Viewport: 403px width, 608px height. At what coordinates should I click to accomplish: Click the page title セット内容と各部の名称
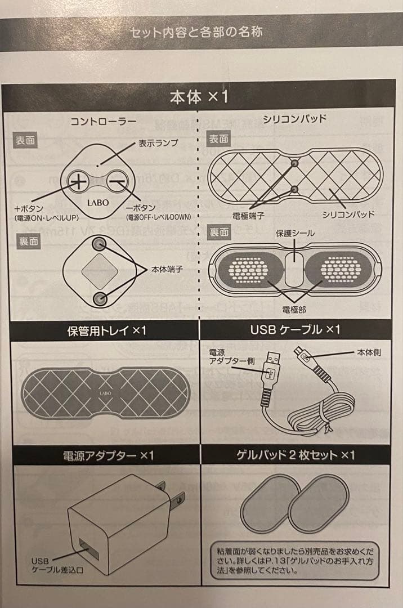point(196,32)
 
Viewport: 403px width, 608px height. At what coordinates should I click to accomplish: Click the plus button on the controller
point(78,181)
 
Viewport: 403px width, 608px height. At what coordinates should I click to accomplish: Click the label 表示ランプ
point(158,143)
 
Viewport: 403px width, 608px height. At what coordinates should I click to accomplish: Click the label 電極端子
point(248,214)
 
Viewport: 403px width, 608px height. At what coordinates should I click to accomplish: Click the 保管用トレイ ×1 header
point(106,330)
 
